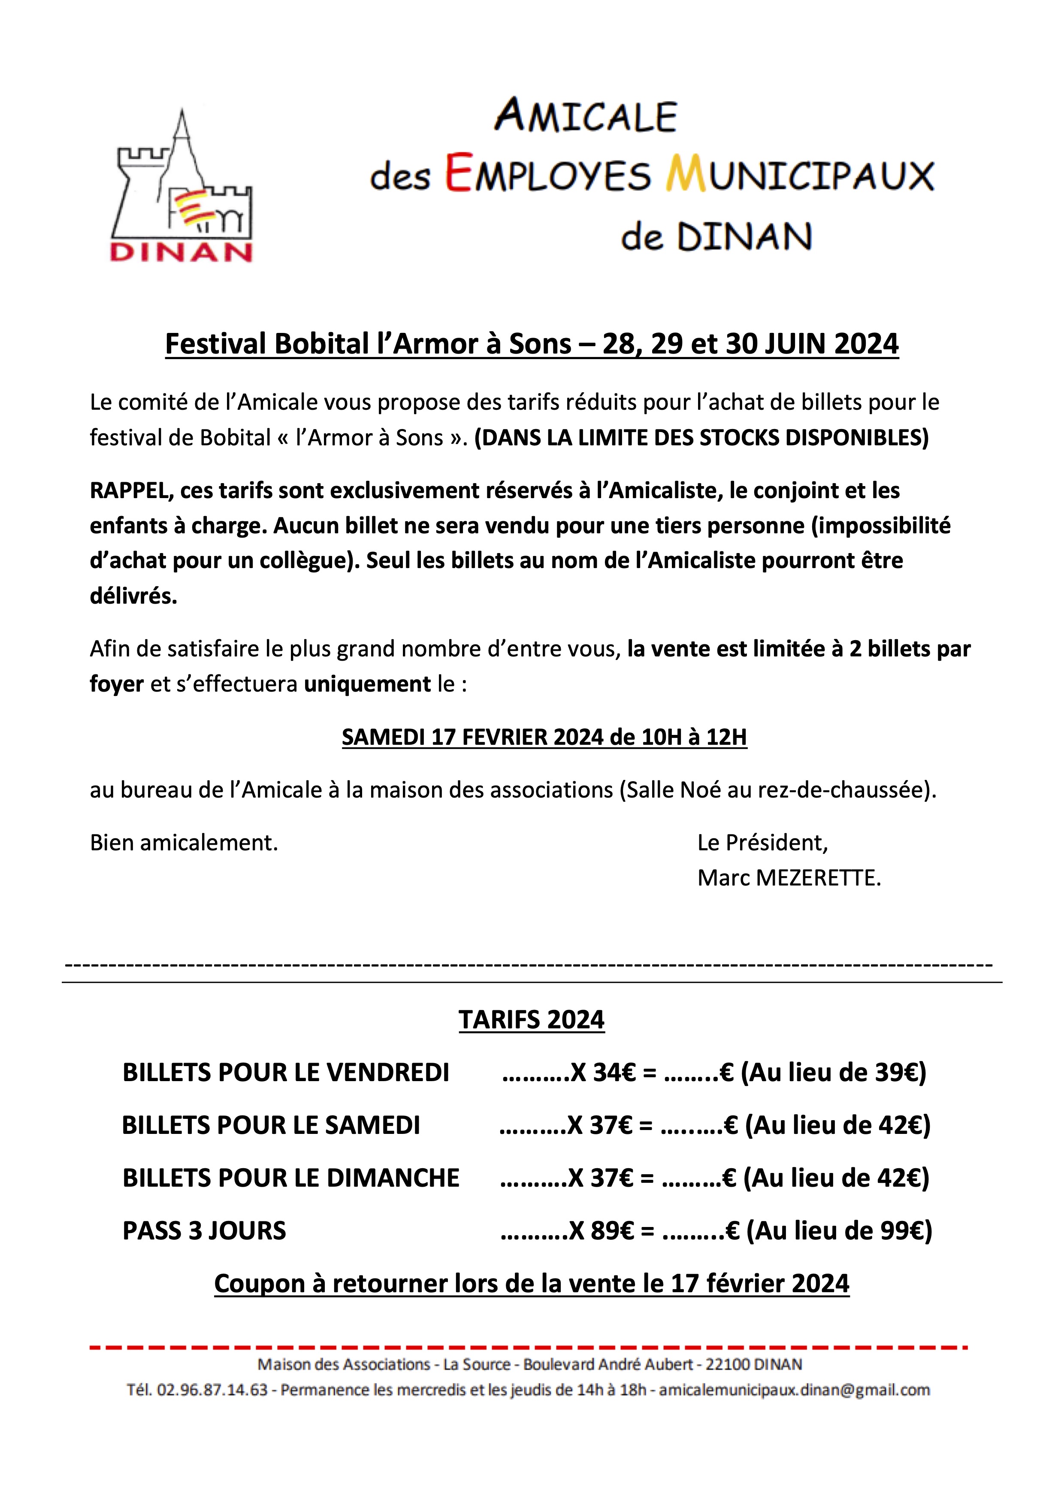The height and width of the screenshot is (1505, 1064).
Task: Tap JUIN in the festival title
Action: click(x=796, y=344)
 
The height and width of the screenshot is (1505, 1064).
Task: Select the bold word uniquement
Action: click(x=367, y=684)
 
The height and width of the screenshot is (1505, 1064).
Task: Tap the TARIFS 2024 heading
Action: click(x=531, y=1020)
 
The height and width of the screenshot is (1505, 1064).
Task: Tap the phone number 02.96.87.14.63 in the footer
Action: click(x=212, y=1390)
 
